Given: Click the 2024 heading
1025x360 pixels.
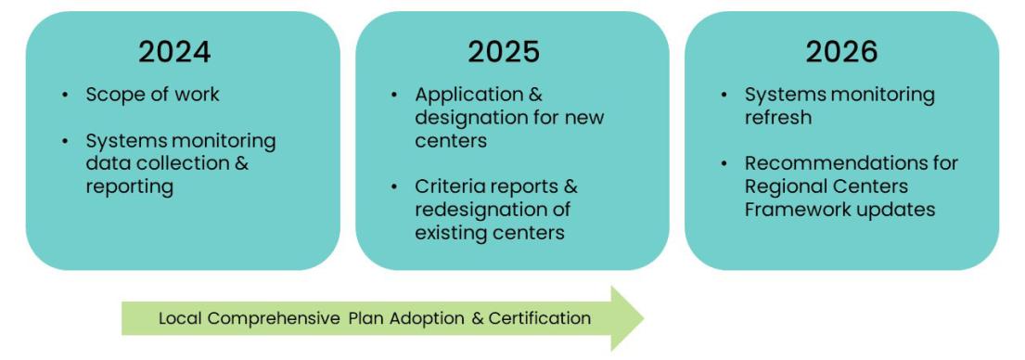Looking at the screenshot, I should click(174, 52).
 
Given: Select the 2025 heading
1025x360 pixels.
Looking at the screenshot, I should click(503, 52).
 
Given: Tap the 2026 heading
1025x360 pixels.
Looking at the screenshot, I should click(841, 52).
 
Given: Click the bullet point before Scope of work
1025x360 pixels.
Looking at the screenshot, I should click(65, 95).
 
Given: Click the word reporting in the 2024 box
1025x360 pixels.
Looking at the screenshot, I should click(129, 186).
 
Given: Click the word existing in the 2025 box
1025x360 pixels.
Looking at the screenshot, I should click(451, 232).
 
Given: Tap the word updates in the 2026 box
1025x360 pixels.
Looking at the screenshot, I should click(903, 210).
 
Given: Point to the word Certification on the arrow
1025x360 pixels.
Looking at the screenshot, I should click(540, 318).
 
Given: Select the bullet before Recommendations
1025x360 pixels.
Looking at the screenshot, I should click(724, 163).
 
